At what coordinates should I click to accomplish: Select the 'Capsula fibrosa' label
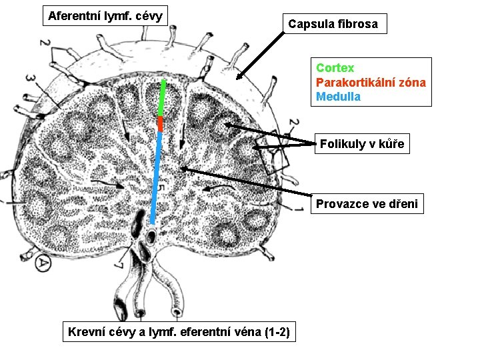pyautogui.click(x=333, y=24)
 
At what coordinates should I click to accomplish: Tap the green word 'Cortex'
pyautogui.click(x=335, y=68)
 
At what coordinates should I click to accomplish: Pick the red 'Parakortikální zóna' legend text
pyautogui.click(x=371, y=83)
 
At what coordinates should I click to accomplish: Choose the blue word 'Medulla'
pyautogui.click(x=338, y=97)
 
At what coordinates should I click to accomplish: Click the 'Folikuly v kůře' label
pyautogui.click(x=361, y=144)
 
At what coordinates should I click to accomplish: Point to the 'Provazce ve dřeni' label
pyautogui.click(x=367, y=204)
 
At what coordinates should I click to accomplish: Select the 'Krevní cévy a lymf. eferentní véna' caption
pyautogui.click(x=179, y=332)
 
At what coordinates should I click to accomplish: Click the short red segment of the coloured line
pyautogui.click(x=160, y=124)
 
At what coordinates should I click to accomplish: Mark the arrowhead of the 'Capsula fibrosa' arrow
pyautogui.click(x=239, y=78)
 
